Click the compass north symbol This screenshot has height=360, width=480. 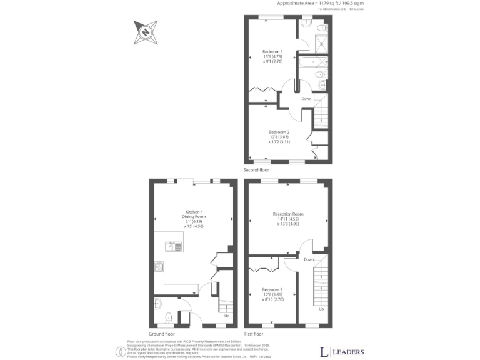(145, 32)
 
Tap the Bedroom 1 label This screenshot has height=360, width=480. (272, 51)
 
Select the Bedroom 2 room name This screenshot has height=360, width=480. (279, 132)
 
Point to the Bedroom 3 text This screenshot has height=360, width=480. (272, 289)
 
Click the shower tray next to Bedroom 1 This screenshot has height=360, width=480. (322, 43)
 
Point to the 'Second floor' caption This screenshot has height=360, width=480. (256, 169)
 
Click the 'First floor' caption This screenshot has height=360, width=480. (254, 334)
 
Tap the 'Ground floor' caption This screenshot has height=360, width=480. (162, 334)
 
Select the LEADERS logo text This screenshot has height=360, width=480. (346, 351)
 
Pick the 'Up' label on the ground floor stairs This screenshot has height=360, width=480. (226, 316)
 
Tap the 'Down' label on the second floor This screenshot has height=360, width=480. (306, 99)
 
